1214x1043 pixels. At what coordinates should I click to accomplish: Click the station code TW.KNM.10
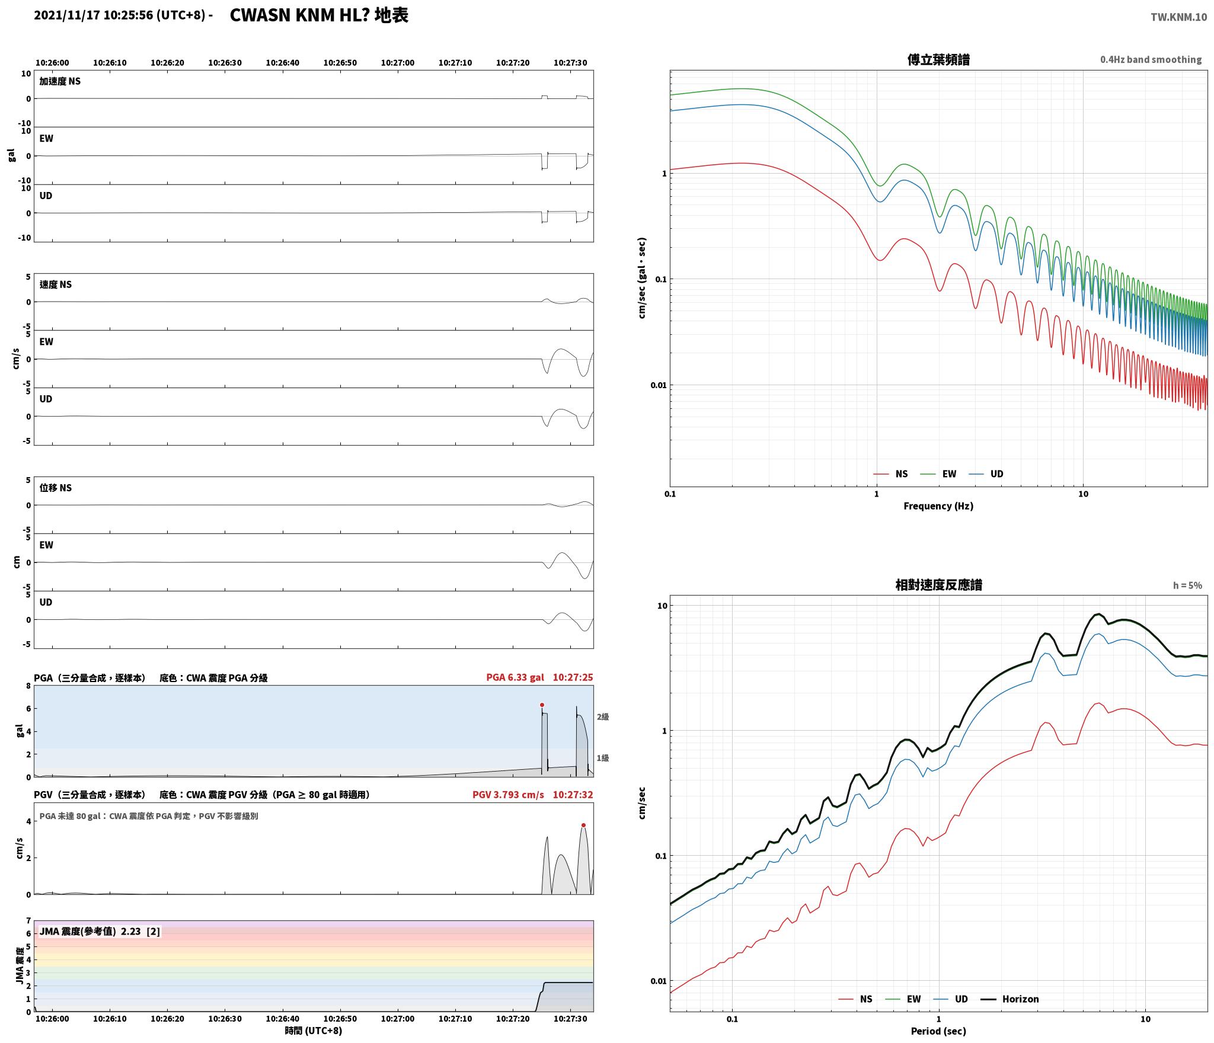click(1178, 17)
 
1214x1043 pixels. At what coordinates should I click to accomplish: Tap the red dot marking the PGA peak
click(542, 705)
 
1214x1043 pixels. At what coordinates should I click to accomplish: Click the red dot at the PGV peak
click(583, 825)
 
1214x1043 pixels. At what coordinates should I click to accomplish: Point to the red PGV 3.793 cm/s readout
click(508, 795)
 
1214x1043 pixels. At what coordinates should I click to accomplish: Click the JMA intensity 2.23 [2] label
click(100, 932)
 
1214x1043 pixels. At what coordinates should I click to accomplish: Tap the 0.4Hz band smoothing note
click(1151, 59)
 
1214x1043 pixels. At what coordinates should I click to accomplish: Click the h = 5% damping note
click(1187, 586)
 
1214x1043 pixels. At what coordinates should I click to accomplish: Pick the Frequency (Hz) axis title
click(938, 506)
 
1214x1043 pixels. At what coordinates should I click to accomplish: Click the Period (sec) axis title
click(938, 1031)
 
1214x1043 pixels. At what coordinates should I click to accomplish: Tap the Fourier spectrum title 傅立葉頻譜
click(938, 60)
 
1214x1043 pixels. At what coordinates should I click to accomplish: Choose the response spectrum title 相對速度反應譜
click(938, 585)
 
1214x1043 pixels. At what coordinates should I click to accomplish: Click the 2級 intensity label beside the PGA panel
click(603, 717)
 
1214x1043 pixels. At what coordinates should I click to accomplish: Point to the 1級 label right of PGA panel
click(603, 758)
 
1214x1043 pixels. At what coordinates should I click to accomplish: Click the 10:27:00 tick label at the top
click(398, 63)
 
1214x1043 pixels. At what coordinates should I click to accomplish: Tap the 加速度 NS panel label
click(60, 81)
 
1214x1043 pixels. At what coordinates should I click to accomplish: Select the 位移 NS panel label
click(56, 488)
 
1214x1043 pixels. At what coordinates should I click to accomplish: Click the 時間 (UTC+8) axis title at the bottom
click(314, 1031)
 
